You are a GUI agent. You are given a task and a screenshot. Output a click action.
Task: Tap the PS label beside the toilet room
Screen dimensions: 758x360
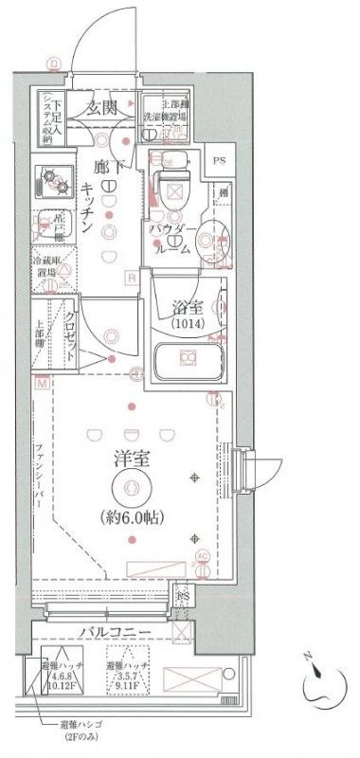[220, 160]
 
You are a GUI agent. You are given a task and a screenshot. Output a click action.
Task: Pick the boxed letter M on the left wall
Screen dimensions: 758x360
[41, 384]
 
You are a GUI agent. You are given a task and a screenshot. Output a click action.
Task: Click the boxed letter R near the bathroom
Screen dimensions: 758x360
[132, 277]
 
